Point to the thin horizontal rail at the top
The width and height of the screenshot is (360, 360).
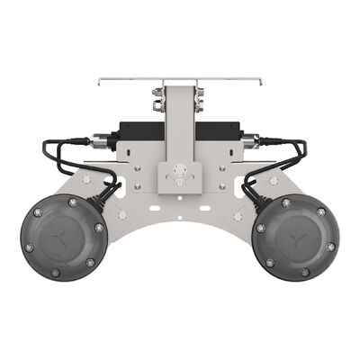coord(180,81)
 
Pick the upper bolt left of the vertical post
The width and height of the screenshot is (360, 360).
coord(157,92)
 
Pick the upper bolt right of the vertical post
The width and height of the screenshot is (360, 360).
coord(200,92)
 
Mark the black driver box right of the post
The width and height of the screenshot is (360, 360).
coord(216,130)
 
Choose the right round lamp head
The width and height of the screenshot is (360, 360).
coord(296,237)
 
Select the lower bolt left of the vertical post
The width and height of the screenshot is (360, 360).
coord(157,107)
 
